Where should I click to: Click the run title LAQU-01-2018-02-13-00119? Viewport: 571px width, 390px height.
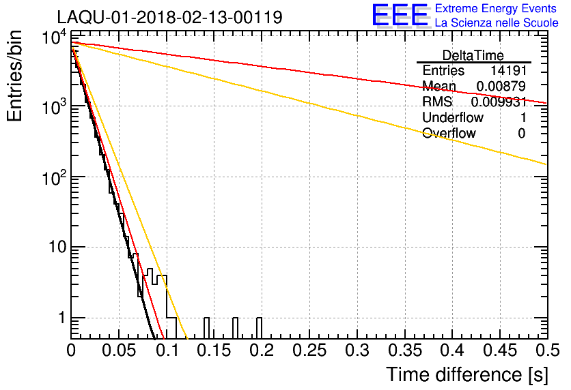[169, 17]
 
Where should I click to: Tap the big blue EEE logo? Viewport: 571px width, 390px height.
[399, 16]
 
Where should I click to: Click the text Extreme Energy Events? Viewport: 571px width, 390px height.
[497, 9]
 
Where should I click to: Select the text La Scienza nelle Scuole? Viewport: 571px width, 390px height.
[497, 23]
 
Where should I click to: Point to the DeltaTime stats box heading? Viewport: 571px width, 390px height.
[473, 55]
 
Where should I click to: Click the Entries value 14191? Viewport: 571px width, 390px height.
[507, 71]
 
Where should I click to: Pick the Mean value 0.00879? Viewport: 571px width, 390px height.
[499, 87]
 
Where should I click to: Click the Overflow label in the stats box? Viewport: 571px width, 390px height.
[449, 134]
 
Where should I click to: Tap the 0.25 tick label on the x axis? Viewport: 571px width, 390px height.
[309, 351]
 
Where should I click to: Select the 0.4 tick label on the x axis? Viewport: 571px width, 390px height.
[451, 351]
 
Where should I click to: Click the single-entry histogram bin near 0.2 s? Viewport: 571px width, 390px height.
[259, 328]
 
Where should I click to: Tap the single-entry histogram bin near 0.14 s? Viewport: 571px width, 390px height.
[206, 328]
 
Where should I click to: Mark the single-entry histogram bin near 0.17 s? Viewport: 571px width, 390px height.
[235, 328]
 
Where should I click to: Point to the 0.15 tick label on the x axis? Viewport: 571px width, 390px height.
[214, 351]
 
